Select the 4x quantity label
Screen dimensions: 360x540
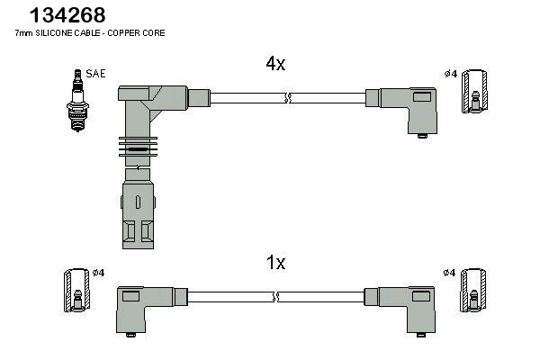(275, 64)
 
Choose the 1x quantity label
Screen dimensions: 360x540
(275, 263)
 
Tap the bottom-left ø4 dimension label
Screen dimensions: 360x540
(99, 273)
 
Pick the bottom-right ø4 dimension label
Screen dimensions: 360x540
(450, 273)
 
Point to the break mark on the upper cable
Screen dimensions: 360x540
(286, 97)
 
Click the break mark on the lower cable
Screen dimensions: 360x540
(276, 296)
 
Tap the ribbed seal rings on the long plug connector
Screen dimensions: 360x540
(137, 148)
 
